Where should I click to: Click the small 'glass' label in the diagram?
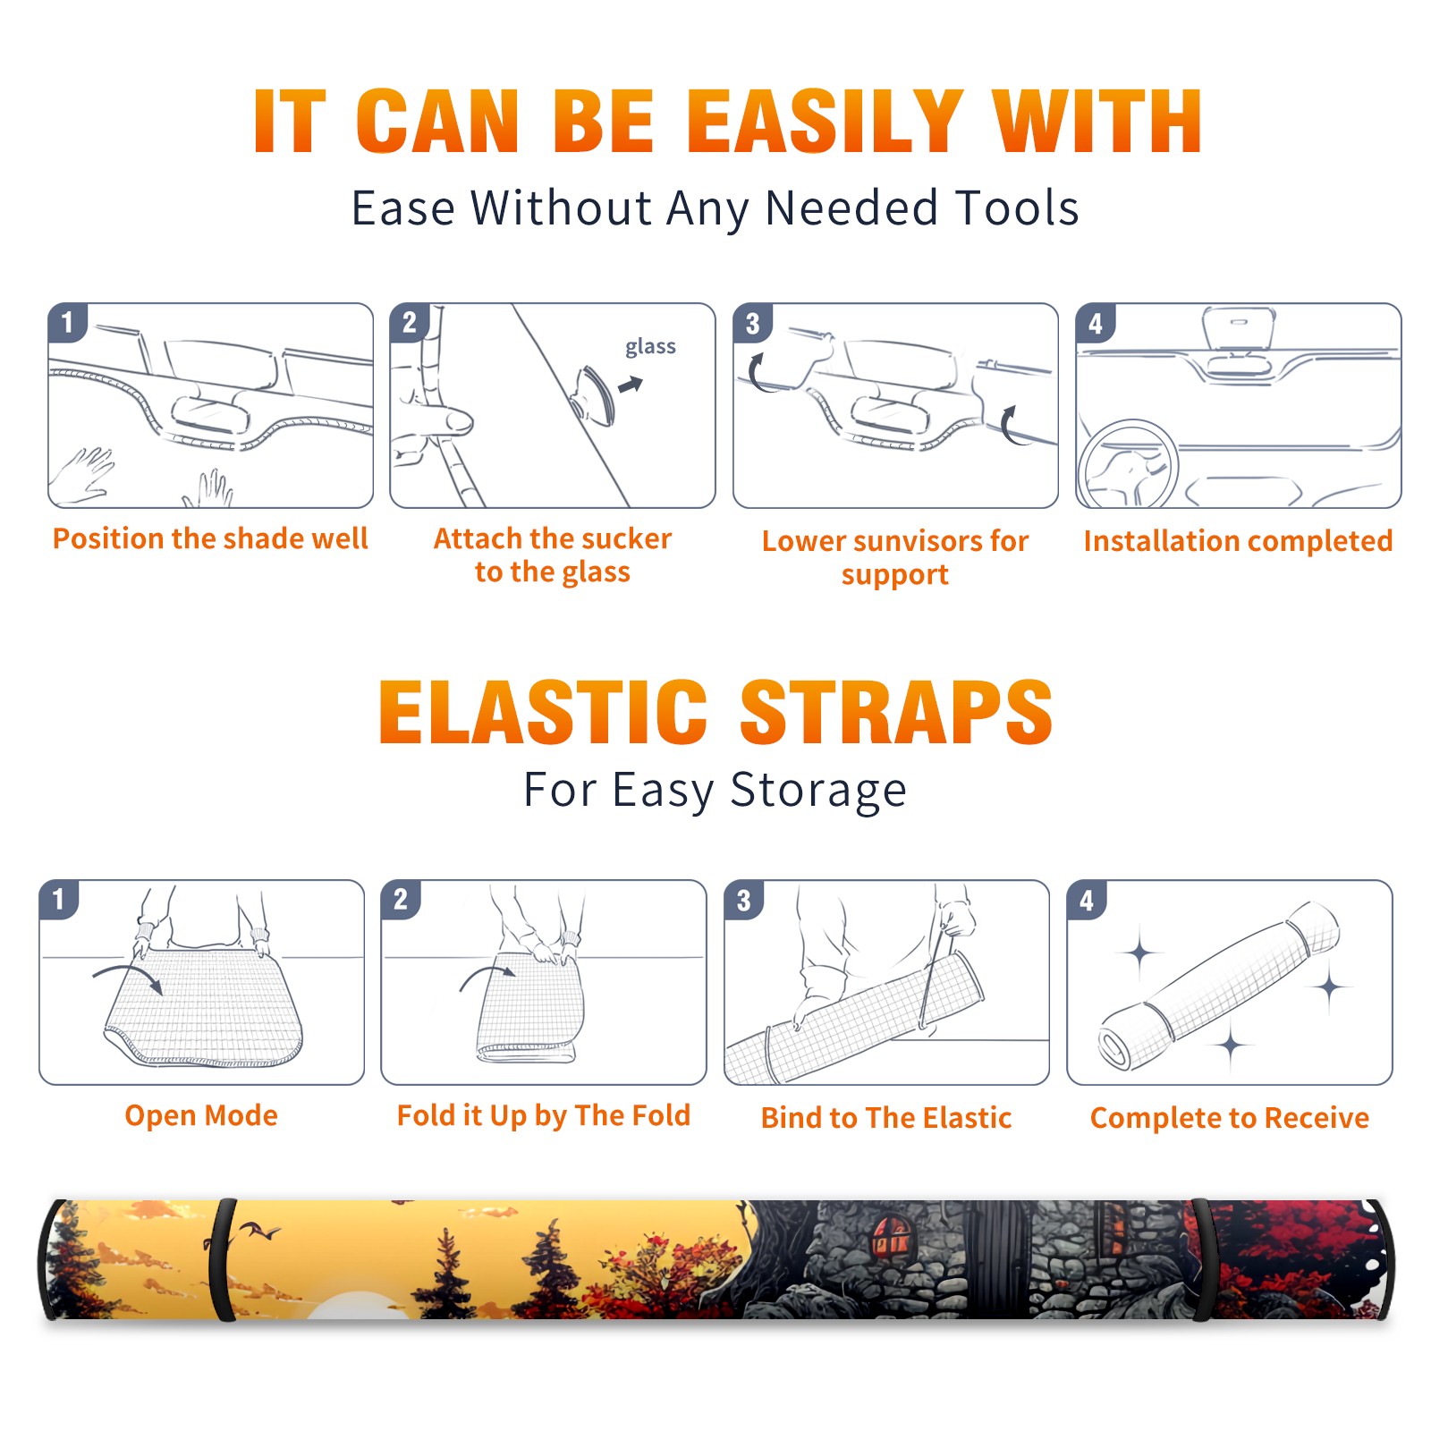tap(650, 347)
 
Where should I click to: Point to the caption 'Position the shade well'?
tap(210, 538)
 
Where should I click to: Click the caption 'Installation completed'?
tap(1238, 541)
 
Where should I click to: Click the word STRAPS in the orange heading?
tap(896, 712)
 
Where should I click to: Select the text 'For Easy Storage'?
tap(715, 790)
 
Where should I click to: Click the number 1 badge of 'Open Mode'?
tap(59, 899)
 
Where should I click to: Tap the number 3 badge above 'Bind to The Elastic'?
tap(744, 900)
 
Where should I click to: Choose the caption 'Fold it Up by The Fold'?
tap(544, 1115)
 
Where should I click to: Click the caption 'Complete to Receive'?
tap(1230, 1118)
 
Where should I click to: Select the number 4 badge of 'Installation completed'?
tap(1096, 323)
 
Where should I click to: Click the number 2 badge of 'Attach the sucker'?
tap(410, 323)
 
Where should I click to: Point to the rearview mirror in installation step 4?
tap(1239, 327)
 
